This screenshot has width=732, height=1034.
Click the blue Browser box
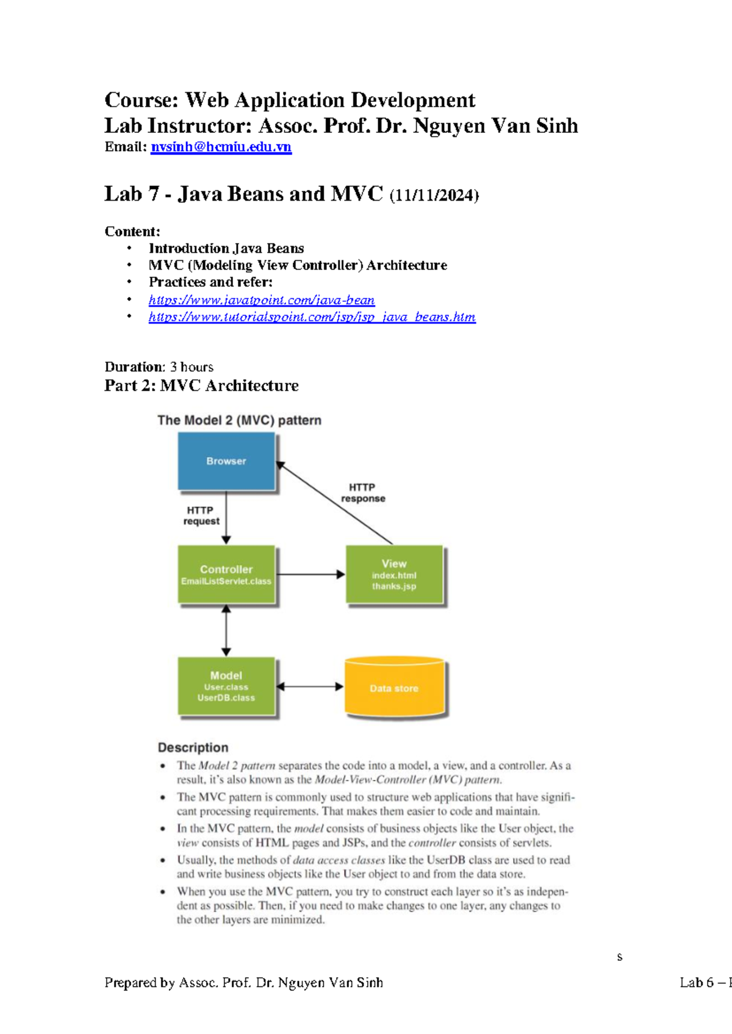[226, 461]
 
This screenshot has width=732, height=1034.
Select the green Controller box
[226, 574]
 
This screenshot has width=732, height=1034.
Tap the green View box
[394, 574]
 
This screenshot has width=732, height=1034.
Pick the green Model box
[226, 686]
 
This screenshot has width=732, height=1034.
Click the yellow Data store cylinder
[394, 687]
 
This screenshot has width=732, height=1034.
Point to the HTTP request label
[201, 516]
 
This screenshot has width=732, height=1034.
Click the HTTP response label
[363, 493]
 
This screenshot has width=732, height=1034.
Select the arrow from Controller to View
[310, 574]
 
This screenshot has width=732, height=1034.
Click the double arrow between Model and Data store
[310, 686]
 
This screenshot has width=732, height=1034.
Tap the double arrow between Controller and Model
[226, 630]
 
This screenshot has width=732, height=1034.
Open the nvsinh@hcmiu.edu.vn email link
[221, 147]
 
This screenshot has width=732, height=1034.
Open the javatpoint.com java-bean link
[262, 300]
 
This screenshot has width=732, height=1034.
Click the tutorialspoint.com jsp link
[312, 317]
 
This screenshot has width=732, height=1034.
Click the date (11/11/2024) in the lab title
[434, 195]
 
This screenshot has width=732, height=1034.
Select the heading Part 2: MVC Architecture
[201, 385]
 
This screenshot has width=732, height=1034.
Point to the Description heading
[193, 747]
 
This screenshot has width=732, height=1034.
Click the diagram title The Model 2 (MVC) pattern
[239, 420]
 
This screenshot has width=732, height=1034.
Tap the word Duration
[134, 367]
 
